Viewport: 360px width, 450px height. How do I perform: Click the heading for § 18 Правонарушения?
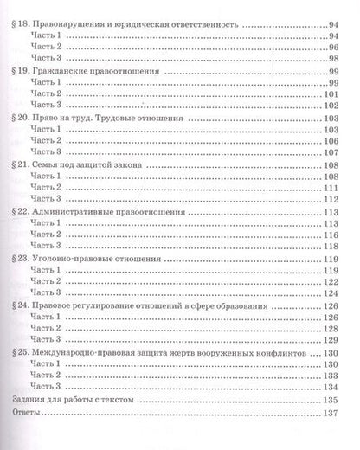[x=130, y=26]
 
